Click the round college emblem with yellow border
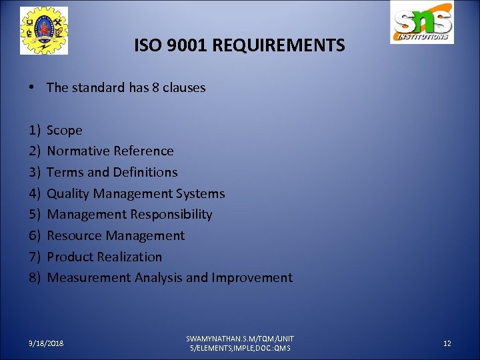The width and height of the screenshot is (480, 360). coord(43,31)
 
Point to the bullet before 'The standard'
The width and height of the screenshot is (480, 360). coord(32,87)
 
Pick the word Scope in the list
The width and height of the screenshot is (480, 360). coord(65,131)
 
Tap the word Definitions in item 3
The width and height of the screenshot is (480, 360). coord(145,172)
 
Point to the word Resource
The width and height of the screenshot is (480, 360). coord(75,235)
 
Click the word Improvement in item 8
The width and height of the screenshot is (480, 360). coord(252,278)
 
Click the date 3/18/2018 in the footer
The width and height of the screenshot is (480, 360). coord(46,343)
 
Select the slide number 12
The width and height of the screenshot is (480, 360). coord(447,343)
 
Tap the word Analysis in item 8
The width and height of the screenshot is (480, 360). coord(159,278)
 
